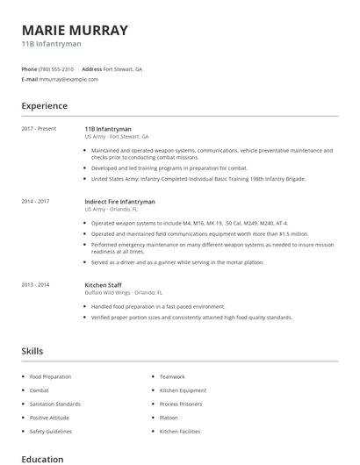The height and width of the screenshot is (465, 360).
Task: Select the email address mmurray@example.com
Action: tap(68, 79)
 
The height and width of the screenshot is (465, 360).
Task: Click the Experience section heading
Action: tap(44, 106)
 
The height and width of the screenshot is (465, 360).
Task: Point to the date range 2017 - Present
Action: tap(39, 129)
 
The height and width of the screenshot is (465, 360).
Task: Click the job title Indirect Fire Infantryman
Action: tap(119, 201)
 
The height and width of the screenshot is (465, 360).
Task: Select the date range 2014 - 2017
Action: tap(35, 201)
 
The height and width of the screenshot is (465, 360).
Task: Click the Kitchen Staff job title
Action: tap(104, 284)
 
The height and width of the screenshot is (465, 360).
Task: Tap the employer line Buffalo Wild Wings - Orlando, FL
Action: tap(123, 291)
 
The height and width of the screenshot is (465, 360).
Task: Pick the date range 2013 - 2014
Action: tap(35, 284)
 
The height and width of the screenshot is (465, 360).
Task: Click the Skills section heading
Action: tap(32, 351)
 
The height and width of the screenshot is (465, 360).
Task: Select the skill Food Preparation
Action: tap(50, 376)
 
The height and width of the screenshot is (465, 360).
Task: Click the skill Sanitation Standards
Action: tap(54, 404)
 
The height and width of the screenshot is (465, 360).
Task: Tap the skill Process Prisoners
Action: tap(180, 404)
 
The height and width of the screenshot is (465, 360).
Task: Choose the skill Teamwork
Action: tap(172, 376)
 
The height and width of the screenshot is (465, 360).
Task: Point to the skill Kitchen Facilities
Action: tap(180, 431)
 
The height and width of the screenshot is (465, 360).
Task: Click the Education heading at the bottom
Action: tap(42, 459)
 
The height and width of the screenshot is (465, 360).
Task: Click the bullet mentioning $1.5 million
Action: tap(199, 234)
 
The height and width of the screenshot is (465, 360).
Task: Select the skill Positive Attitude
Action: tap(49, 418)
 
